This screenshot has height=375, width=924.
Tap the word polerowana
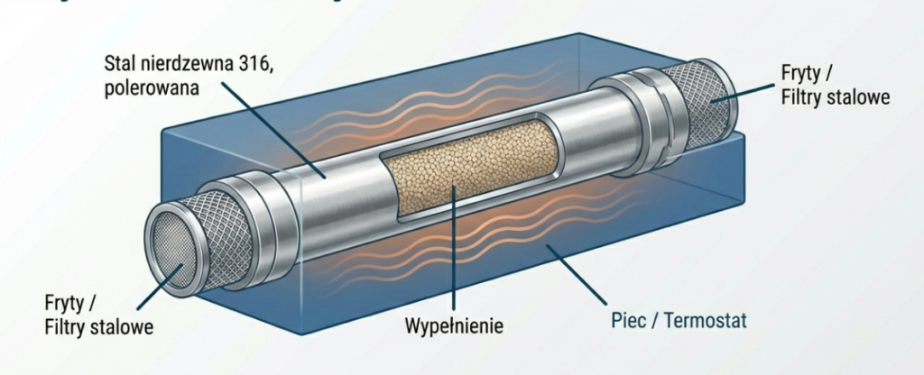tap(150, 89)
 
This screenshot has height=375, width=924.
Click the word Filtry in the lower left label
tap(66, 326)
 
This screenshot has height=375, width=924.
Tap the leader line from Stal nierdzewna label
tap(280, 135)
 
